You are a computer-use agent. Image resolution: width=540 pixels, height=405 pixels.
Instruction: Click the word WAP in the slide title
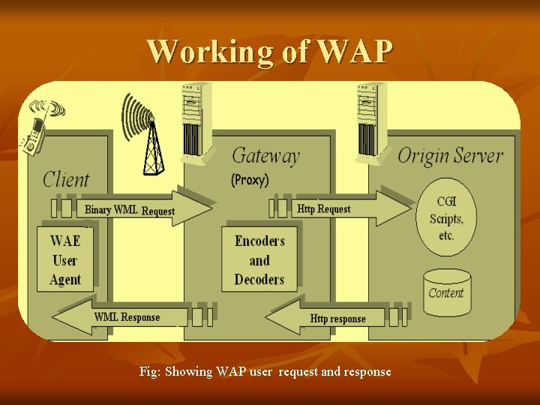pos(355,51)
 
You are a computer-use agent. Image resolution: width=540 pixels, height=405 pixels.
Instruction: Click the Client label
pos(66,179)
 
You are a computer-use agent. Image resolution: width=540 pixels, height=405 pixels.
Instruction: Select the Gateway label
pos(265,156)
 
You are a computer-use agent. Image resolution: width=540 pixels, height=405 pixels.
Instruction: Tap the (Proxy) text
pos(250,180)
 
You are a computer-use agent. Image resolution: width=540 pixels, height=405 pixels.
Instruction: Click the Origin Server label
pos(450,156)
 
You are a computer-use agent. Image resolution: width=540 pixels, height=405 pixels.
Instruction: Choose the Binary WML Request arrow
pos(142,209)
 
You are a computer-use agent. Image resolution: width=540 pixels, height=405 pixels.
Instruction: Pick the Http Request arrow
pos(345,208)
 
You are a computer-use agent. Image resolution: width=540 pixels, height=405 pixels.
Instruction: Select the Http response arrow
pos(330,318)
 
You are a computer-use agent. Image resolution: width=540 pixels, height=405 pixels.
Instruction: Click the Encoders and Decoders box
pos(259,260)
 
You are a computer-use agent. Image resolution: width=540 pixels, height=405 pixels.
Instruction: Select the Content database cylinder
pos(446,293)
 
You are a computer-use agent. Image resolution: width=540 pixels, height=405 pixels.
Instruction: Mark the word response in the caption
pos(367,372)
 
